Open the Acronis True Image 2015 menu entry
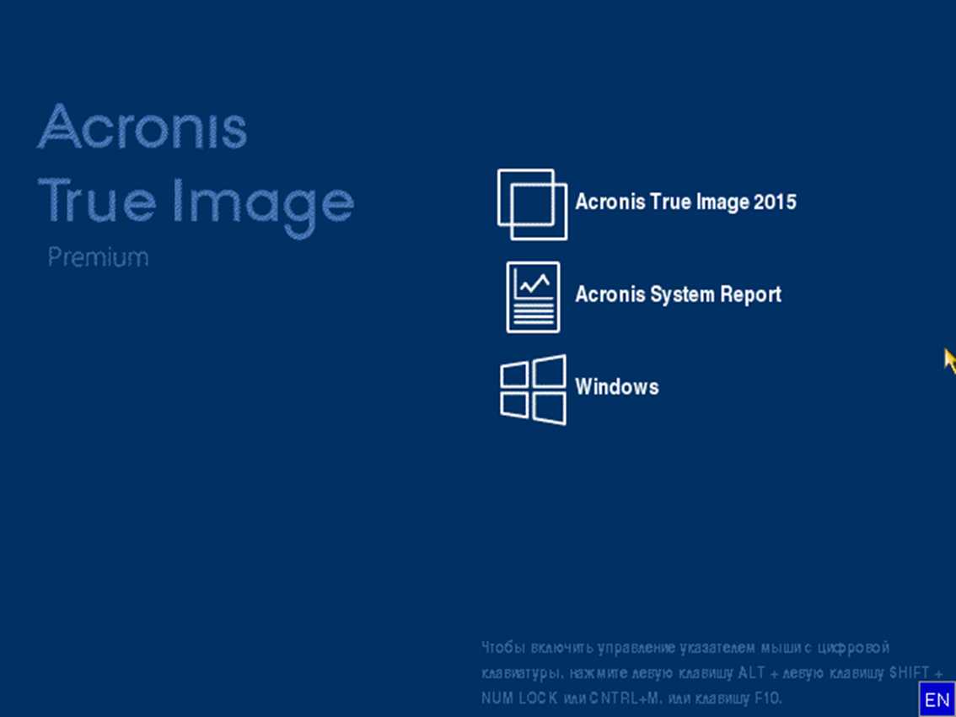click(685, 202)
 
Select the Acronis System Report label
click(678, 294)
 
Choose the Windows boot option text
click(617, 387)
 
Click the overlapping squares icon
click(532, 204)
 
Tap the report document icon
click(533, 297)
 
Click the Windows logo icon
click(533, 390)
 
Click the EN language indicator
click(937, 699)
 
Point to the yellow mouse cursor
click(950, 360)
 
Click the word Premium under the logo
click(98, 257)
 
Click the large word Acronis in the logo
click(142, 127)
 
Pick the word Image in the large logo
click(263, 208)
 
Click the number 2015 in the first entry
click(775, 202)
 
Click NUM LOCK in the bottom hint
click(519, 698)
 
